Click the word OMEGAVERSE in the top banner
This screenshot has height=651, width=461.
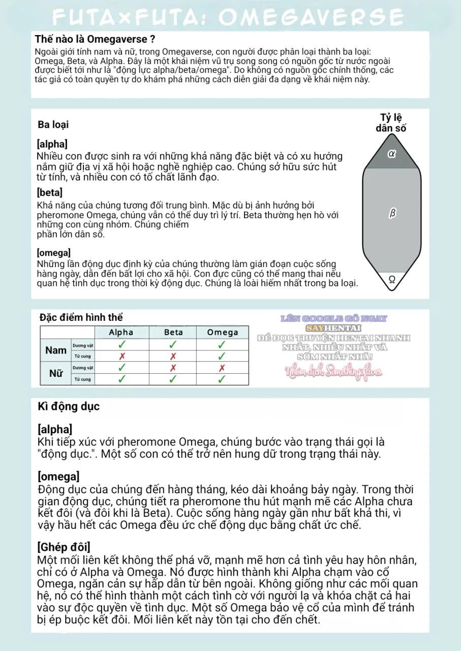[311, 17]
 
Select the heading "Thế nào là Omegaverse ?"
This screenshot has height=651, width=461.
[95, 39]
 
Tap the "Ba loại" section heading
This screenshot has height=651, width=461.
[53, 125]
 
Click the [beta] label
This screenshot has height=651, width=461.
[50, 193]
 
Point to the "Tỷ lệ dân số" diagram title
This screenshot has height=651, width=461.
[391, 124]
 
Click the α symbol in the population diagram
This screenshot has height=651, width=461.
[391, 153]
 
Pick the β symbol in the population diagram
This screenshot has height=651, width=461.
[392, 214]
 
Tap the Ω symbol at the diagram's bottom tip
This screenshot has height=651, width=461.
[392, 279]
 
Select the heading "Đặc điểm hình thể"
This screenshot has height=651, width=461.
[81, 318]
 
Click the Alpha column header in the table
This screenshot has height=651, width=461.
[121, 332]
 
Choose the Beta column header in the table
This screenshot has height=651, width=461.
[173, 332]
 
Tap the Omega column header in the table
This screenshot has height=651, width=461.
[223, 332]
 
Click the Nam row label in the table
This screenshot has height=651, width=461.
[56, 350]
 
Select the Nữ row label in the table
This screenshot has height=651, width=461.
[56, 373]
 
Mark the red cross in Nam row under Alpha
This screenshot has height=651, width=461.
[121, 356]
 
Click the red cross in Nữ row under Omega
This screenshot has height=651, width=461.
[222, 368]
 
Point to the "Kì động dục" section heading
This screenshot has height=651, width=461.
[69, 406]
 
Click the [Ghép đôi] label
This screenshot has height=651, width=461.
[64, 547]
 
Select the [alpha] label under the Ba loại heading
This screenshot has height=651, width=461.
[52, 144]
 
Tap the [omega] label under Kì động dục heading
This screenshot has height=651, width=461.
[58, 477]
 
